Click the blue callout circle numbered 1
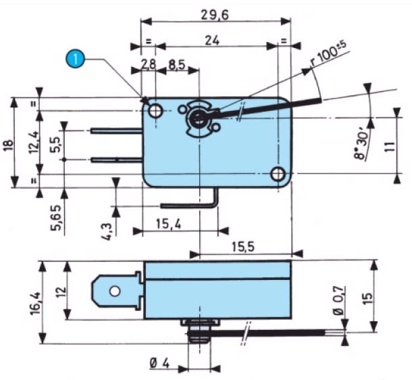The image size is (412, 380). click(76, 59)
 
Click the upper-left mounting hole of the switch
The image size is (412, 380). click(156, 110)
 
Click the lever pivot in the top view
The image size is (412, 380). click(199, 118)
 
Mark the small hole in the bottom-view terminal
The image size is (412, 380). click(115, 292)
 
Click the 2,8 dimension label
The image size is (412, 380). click(148, 65)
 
